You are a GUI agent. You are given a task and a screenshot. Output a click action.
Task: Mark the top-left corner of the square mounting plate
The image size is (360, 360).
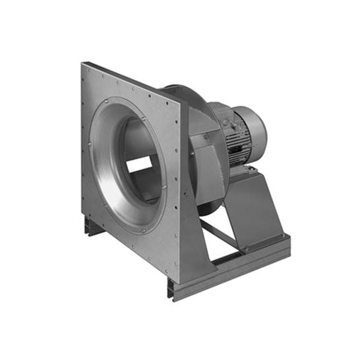(84, 65)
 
